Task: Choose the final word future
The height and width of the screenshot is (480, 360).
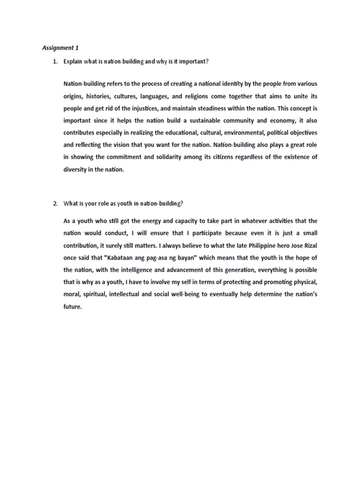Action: pos(72,307)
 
